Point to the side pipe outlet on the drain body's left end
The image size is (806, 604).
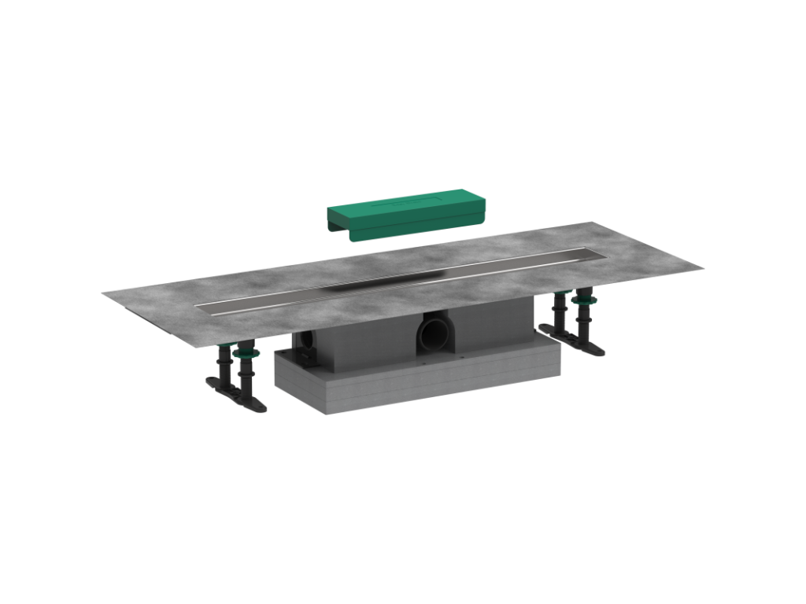[x=307, y=347]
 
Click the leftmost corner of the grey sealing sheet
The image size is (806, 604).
[x=103, y=294]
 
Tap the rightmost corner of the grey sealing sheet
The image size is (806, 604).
[x=702, y=267]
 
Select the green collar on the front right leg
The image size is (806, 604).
[x=584, y=300]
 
